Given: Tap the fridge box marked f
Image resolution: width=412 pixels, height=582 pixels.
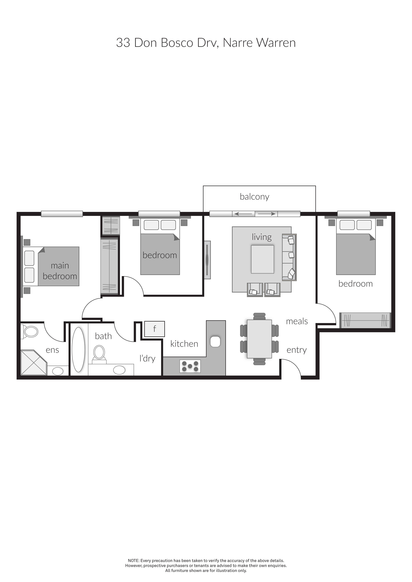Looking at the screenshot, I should point(154,329).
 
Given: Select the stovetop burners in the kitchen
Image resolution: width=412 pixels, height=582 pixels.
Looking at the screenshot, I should point(190,366).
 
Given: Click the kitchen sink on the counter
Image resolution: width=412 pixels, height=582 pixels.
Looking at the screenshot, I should point(215,342).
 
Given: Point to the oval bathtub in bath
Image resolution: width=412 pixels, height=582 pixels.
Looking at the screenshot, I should point(78,350).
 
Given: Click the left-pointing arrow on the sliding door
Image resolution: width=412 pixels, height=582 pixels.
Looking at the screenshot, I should point(244,214).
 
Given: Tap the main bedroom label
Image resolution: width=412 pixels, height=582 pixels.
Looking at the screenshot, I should point(60,271).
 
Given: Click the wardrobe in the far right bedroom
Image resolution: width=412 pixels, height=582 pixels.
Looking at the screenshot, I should point(365,320).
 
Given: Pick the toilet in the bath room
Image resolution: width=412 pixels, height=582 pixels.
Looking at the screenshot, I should point(99,353).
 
